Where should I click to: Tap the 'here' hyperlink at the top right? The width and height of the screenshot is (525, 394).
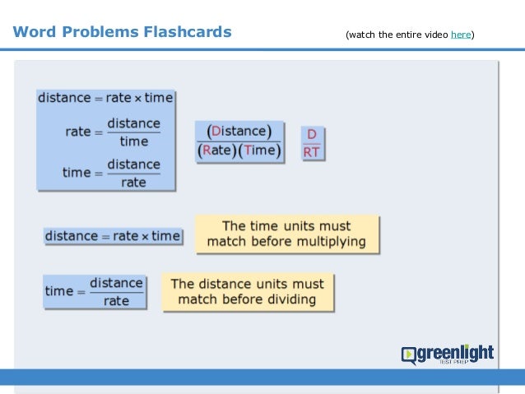[461, 35]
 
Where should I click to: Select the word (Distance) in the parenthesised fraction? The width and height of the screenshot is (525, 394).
[239, 132]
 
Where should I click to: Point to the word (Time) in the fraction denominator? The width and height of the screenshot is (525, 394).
[262, 151]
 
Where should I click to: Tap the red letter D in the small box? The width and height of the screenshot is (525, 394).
[312, 135]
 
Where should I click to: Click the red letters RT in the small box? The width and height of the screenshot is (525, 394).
[312, 151]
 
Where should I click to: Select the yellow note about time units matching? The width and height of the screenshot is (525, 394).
[286, 234]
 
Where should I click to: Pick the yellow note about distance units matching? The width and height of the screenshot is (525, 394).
[248, 291]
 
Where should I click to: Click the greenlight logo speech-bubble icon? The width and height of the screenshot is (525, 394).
[409, 355]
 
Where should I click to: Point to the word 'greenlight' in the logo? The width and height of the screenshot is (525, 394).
[455, 353]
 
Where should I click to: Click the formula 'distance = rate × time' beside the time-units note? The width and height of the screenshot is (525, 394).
[112, 236]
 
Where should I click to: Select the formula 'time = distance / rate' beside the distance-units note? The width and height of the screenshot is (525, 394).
[95, 291]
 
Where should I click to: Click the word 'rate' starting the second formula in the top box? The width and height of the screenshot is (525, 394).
[77, 132]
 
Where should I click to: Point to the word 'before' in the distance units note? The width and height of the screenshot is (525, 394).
[245, 299]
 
